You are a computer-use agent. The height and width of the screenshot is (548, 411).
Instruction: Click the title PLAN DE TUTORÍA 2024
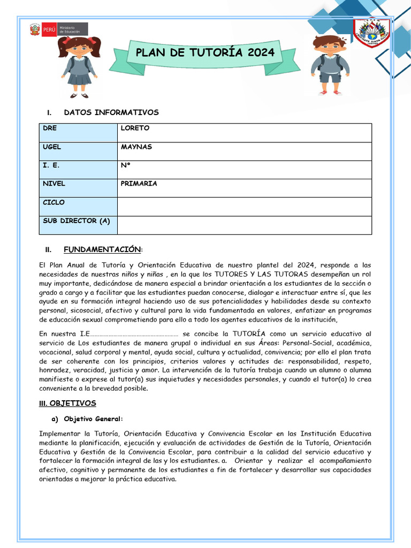coord(205,52)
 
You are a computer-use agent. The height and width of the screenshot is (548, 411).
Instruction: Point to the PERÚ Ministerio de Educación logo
coord(58,29)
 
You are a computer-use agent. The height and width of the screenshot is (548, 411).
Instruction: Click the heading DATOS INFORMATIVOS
coord(111,112)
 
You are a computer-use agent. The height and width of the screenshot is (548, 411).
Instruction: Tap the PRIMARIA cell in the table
coord(139,184)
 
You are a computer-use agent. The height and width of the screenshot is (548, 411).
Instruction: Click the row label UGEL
coord(52,147)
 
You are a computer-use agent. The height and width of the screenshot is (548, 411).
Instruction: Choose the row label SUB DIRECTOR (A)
coord(76,221)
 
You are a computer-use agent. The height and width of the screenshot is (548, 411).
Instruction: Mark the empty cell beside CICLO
coord(244,206)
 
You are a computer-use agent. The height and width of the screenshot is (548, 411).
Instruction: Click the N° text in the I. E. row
coord(126,165)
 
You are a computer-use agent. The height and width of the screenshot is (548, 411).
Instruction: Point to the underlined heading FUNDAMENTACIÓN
coord(102,250)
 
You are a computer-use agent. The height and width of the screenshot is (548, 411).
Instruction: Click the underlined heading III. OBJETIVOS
coord(67,403)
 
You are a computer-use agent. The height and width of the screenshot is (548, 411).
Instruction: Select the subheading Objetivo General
coord(93,418)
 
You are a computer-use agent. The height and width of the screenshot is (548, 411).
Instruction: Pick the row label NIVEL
coord(54,184)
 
